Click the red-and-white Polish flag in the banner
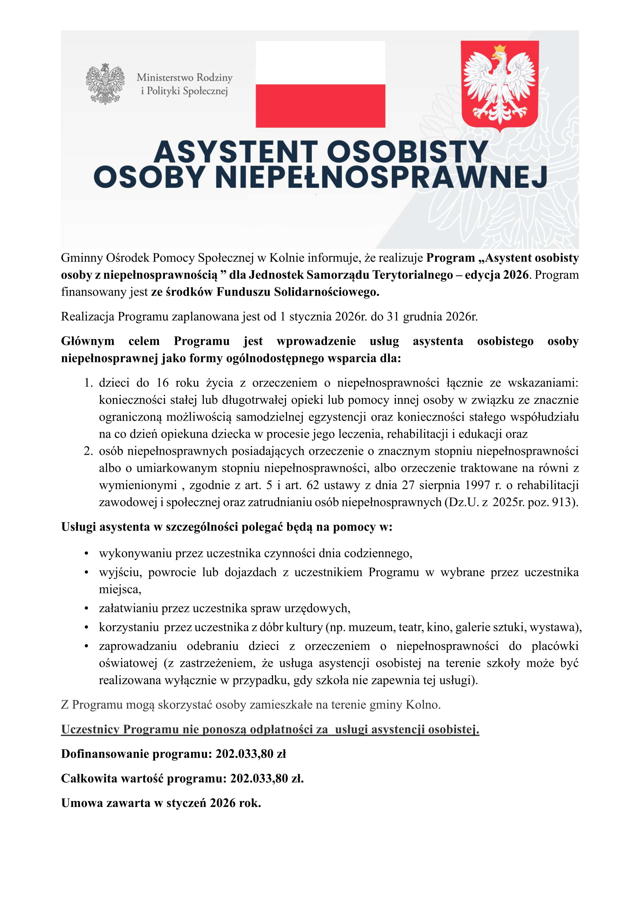320,84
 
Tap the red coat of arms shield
500,85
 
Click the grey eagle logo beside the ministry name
105,84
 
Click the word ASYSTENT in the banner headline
235,152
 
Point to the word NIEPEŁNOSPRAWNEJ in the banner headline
381,177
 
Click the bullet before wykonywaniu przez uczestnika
86,554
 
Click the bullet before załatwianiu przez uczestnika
86,609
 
